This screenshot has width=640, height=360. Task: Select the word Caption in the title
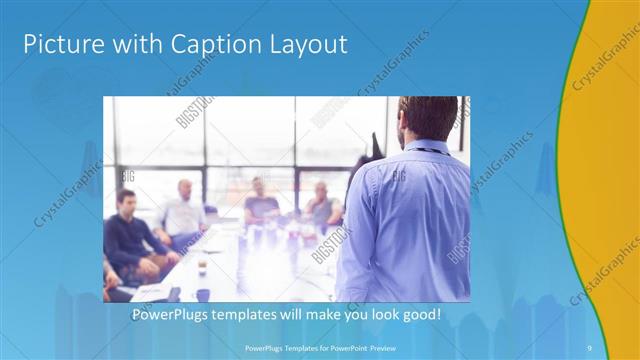coord(195,44)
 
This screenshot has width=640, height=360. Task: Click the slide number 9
coord(589,347)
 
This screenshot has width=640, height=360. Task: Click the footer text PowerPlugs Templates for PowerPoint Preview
coord(319,347)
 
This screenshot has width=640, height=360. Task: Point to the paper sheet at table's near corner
coord(150,292)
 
